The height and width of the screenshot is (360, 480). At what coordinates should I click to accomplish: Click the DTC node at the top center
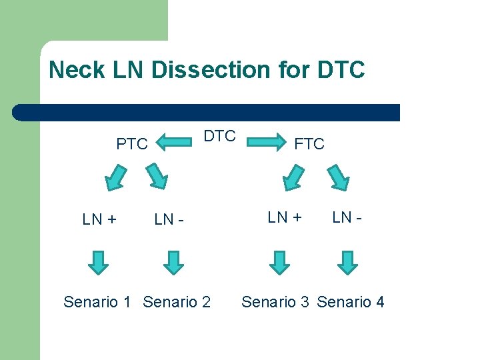(219, 136)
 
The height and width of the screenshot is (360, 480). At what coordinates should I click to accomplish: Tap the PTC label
(132, 144)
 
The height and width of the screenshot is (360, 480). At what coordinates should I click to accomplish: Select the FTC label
(309, 144)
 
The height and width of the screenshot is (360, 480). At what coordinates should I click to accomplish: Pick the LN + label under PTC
(101, 219)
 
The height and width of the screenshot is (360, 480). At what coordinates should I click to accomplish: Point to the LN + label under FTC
(285, 217)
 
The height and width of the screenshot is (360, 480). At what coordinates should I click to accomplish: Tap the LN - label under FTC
(347, 217)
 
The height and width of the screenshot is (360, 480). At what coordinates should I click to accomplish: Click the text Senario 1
(97, 302)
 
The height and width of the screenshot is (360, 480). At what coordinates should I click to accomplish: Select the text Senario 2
(177, 302)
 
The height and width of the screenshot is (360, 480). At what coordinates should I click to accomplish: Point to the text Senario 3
(275, 302)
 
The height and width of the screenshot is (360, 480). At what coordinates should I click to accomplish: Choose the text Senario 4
(351, 302)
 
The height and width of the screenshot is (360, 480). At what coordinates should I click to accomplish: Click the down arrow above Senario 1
(99, 262)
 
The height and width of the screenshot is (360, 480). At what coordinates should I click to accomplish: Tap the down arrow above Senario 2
(173, 262)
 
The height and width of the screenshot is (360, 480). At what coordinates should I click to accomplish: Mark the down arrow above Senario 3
(280, 262)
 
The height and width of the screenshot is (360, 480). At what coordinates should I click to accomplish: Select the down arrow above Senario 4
(347, 262)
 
